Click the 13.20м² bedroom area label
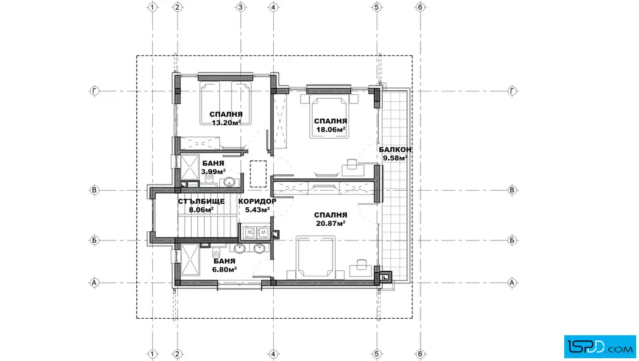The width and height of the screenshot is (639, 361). pos(226,122)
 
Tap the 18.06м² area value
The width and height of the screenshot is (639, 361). pos(331,130)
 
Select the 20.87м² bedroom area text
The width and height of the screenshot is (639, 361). pos(331,223)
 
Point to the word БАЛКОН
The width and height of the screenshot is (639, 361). pos(395,150)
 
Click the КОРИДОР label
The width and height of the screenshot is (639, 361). pos(257,202)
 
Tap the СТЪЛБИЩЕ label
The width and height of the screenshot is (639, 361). pos(201,202)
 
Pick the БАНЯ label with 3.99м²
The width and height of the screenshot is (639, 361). pos(213,163)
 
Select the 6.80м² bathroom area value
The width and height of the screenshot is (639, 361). pos(225,269)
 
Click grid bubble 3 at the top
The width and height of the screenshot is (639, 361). pos(240,7)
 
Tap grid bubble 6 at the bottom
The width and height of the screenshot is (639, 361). pos(420,354)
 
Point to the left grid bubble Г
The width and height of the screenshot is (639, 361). pos(94,91)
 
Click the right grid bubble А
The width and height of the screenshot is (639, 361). pos(512,283)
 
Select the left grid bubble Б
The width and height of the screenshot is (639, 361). pos(94,240)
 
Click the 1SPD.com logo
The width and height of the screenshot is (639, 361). pos(600,347)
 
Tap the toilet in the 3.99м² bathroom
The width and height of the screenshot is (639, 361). pos(209,178)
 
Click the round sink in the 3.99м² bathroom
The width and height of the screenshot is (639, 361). pos(229,182)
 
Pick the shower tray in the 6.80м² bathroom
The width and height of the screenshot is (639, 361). pos(190,260)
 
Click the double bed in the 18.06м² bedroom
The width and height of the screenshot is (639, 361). pos(329,117)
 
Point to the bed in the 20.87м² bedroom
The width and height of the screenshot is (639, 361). pos(316,257)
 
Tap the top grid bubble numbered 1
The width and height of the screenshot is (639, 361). pos(152,7)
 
